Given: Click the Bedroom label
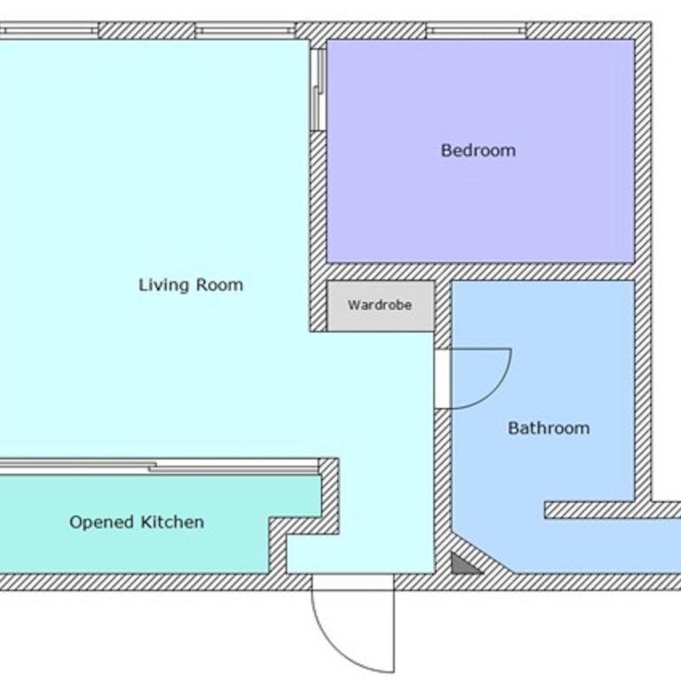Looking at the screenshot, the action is [x=478, y=150].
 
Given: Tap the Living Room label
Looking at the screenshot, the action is [x=191, y=285].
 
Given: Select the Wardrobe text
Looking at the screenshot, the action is [x=380, y=305].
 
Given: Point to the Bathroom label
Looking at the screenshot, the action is [x=549, y=428].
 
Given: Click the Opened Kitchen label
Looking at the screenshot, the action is [x=137, y=522].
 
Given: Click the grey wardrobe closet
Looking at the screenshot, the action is [x=380, y=306].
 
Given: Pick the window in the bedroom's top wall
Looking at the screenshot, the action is [x=476, y=30].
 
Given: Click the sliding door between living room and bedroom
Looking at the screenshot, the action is [x=318, y=90].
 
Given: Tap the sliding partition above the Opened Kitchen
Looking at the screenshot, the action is [x=159, y=466].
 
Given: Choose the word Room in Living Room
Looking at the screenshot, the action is [x=220, y=285].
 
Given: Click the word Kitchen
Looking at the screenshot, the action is [x=172, y=521].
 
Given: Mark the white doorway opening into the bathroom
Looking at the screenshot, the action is [x=443, y=379].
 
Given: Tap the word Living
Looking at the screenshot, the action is [x=164, y=286].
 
